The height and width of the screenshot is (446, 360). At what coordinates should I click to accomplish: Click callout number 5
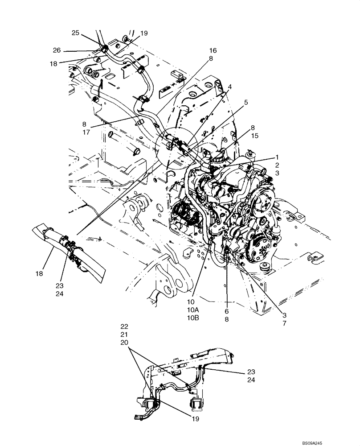point(246,102)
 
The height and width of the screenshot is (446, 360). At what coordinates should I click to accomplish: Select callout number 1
point(277,157)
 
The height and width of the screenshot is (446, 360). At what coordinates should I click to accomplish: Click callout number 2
point(277,165)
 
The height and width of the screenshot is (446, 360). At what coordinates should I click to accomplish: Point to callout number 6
point(226,311)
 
